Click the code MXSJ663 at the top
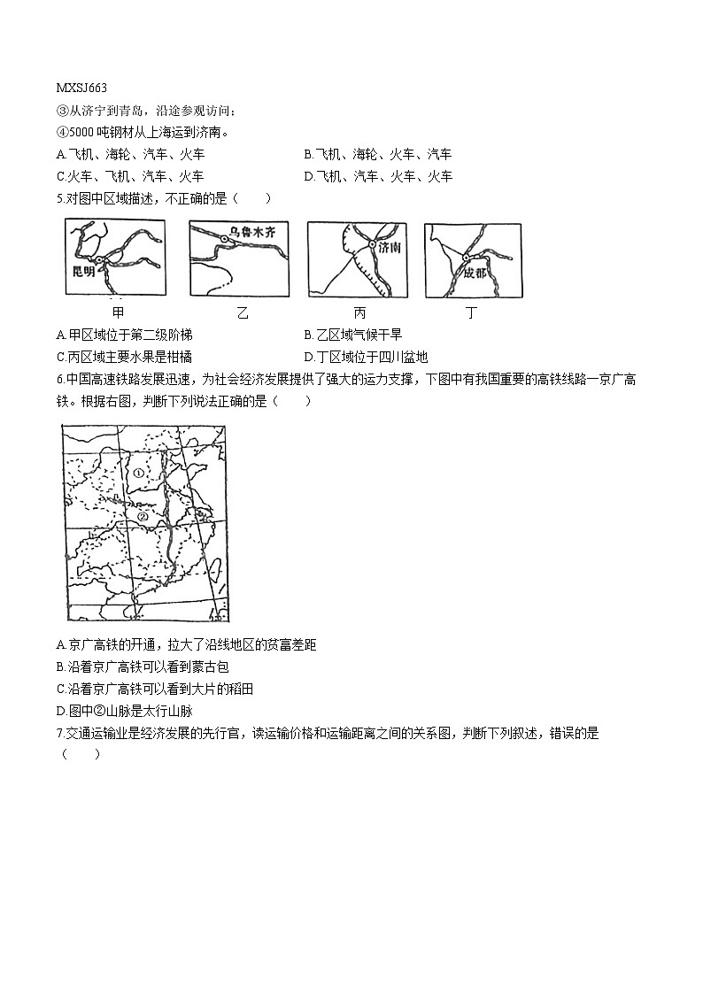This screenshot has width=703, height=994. (81, 88)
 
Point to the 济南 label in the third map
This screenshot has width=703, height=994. (389, 249)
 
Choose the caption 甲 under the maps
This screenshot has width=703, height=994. (118, 312)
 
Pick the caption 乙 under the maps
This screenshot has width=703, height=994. (242, 312)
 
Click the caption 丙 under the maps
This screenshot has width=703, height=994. (359, 312)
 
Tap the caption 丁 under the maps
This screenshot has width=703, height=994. (471, 312)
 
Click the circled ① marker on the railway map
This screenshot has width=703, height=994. (139, 473)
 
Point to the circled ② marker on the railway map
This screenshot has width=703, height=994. (142, 516)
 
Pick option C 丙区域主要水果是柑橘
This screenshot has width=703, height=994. (123, 357)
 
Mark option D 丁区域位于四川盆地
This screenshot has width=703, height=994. (365, 357)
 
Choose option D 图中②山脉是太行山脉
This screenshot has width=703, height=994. (129, 711)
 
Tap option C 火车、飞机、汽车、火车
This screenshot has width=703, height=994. (129, 176)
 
